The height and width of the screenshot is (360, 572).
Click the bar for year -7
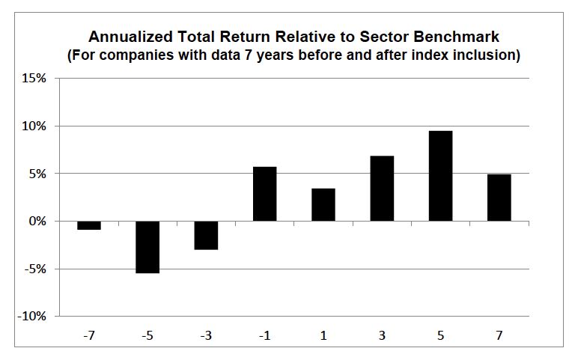pyautogui.click(x=89, y=225)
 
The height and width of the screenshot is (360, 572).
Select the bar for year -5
pyautogui.click(x=147, y=247)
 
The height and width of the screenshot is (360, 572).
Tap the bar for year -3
pyautogui.click(x=206, y=235)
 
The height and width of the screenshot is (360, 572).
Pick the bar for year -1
pyautogui.click(x=265, y=194)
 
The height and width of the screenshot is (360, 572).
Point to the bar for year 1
pyautogui.click(x=323, y=204)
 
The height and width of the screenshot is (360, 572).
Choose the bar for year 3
pyautogui.click(x=382, y=188)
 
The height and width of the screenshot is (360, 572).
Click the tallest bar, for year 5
pyautogui.click(x=441, y=176)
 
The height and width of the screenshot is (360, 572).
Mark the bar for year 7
pyautogui.click(x=499, y=198)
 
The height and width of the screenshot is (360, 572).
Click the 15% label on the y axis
pyautogui.click(x=34, y=78)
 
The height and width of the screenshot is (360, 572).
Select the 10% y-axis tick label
pyautogui.click(x=34, y=126)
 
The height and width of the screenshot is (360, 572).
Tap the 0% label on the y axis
pyautogui.click(x=37, y=221)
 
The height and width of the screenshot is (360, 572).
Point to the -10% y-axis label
pyautogui.click(x=31, y=317)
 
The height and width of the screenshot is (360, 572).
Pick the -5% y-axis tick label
pyautogui.click(x=35, y=269)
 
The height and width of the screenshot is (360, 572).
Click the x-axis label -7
pyautogui.click(x=89, y=335)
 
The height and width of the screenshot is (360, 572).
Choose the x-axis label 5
pyautogui.click(x=441, y=335)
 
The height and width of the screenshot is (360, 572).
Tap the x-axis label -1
pyautogui.click(x=265, y=335)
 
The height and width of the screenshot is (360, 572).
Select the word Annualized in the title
pyautogui.click(x=130, y=37)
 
